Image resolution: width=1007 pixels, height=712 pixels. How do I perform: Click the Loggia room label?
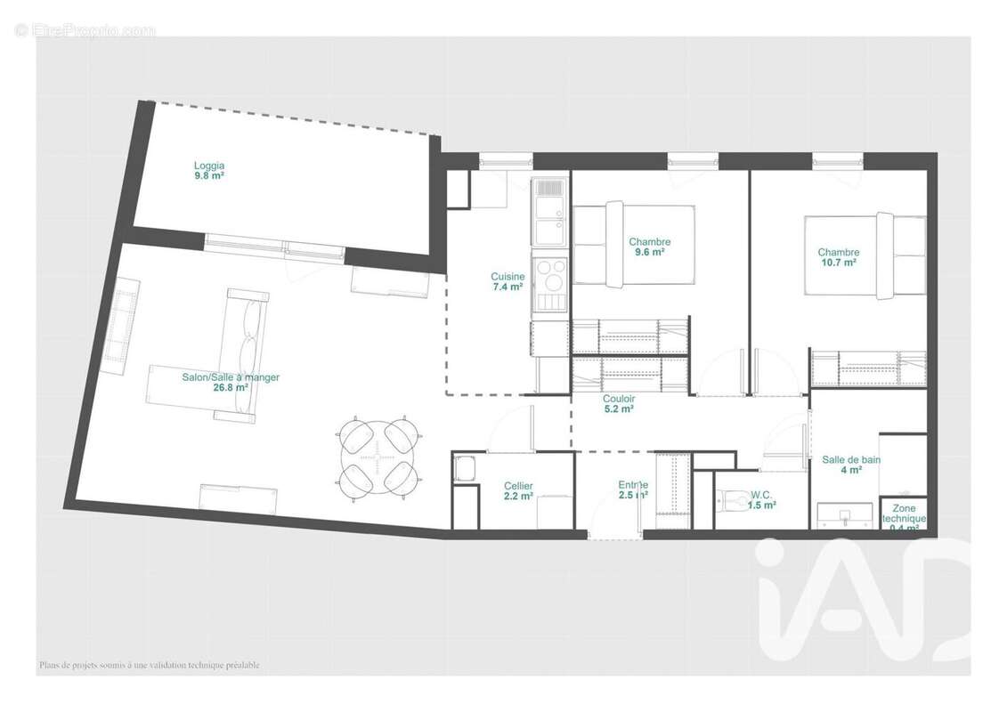[209, 170]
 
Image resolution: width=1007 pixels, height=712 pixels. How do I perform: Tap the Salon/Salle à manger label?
[231, 382]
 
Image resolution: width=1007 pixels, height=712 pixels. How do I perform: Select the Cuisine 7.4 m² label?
[508, 281]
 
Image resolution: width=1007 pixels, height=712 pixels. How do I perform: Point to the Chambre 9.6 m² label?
[649, 247]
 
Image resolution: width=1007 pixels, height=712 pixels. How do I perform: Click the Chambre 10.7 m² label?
[838, 257]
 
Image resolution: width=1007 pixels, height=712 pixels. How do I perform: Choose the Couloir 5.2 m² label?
[618, 404]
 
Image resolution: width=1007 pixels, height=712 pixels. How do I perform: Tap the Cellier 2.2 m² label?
[517, 490]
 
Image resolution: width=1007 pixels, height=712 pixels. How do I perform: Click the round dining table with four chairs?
[378, 455]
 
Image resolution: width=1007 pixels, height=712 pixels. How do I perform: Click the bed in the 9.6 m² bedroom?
[633, 245]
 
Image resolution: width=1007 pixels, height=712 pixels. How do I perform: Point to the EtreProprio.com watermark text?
[85, 30]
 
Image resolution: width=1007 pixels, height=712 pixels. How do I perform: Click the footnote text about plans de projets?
[149, 665]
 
